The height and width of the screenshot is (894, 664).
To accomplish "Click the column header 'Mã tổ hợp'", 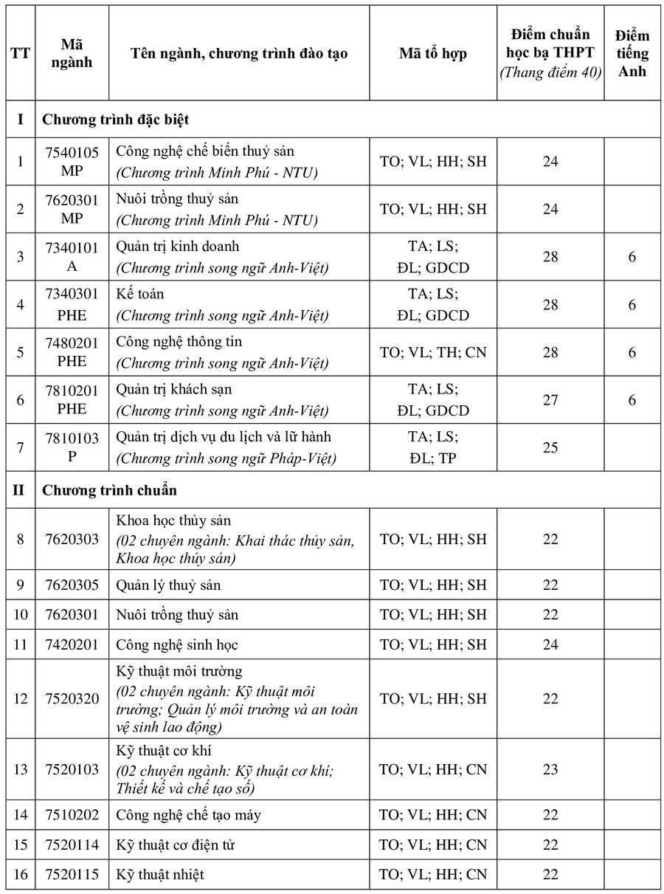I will pyautogui.click(x=433, y=53).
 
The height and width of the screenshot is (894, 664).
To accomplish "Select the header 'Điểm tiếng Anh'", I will pyautogui.click(x=632, y=53).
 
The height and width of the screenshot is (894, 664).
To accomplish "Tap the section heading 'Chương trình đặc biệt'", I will pyautogui.click(x=116, y=119).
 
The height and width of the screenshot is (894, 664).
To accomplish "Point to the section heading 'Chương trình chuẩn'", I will pyautogui.click(x=109, y=490).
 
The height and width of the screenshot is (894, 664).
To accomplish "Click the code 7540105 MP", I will pyautogui.click(x=72, y=161).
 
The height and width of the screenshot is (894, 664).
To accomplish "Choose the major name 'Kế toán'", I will pyautogui.click(x=140, y=294).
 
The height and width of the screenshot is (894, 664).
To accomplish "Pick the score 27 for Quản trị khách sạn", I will pyautogui.click(x=550, y=400).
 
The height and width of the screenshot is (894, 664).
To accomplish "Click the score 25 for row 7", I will pyautogui.click(x=550, y=447).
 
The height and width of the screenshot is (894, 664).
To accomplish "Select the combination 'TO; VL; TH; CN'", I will pyautogui.click(x=433, y=352).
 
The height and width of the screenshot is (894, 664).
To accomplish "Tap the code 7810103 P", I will pyautogui.click(x=72, y=447).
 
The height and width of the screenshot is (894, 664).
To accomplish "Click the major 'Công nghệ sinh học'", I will pyautogui.click(x=177, y=644).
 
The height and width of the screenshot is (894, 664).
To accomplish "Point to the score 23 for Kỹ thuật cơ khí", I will pyautogui.click(x=550, y=769).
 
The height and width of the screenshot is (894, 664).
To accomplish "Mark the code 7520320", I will pyautogui.click(x=72, y=698).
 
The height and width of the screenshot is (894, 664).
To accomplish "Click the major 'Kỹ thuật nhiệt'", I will pyautogui.click(x=160, y=875).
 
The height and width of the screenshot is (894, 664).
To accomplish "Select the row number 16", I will pyautogui.click(x=21, y=875).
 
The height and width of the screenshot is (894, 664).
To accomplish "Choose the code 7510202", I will pyautogui.click(x=72, y=815).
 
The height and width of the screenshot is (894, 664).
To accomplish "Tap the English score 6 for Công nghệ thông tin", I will pyautogui.click(x=632, y=352).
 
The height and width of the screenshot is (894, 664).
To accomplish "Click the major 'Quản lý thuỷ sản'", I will pyautogui.click(x=168, y=585).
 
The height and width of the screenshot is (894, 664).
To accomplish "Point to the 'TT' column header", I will pyautogui.click(x=21, y=53).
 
